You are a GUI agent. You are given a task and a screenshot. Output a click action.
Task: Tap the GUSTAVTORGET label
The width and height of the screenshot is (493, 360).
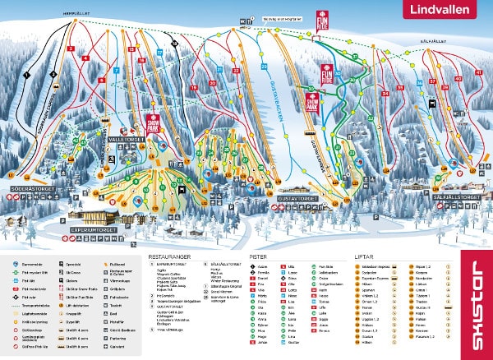pos(300,198)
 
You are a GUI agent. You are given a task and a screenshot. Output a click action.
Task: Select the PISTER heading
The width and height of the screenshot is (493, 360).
pos(257,256)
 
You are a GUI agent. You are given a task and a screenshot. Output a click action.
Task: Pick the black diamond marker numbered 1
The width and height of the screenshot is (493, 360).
pos(26,76)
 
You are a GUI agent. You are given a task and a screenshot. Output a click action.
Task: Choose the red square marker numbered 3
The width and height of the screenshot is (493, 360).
pos(71,49)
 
